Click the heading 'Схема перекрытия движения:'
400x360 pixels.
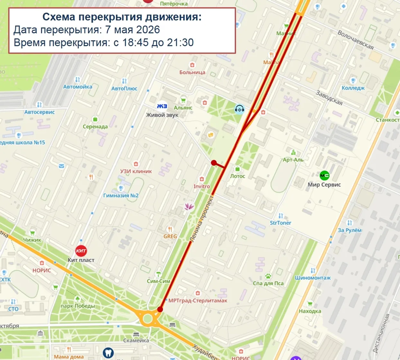[122, 17]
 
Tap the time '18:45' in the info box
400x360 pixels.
[135, 43]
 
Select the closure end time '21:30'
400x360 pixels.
[180, 43]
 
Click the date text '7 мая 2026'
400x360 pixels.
[132, 30]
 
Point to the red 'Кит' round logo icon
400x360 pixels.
[81, 250]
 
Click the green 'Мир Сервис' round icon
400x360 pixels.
[324, 175]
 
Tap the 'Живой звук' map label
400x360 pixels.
[162, 115]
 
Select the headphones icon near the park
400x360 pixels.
[239, 109]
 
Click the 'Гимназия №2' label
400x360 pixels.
[121, 195]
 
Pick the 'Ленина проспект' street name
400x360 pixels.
[202, 218]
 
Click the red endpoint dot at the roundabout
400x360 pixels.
[160, 309]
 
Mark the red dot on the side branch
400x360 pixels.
[214, 163]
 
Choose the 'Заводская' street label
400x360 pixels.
[329, 98]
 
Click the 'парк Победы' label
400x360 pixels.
[78, 306]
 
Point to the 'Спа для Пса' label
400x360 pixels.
[268, 283]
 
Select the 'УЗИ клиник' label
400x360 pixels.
[136, 171]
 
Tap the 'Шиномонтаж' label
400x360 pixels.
[313, 278]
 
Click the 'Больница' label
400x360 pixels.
[192, 72]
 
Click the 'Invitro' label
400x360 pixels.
[202, 186]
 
